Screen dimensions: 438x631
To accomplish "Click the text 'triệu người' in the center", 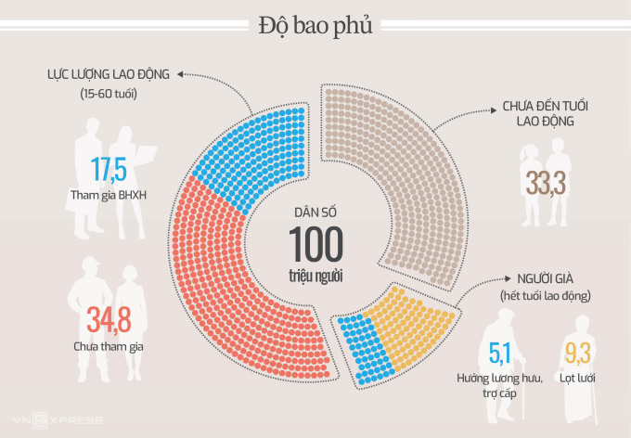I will (315, 276).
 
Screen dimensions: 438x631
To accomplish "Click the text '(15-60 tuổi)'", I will (107, 94).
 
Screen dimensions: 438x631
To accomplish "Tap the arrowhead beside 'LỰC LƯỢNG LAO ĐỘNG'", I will (179, 73).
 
